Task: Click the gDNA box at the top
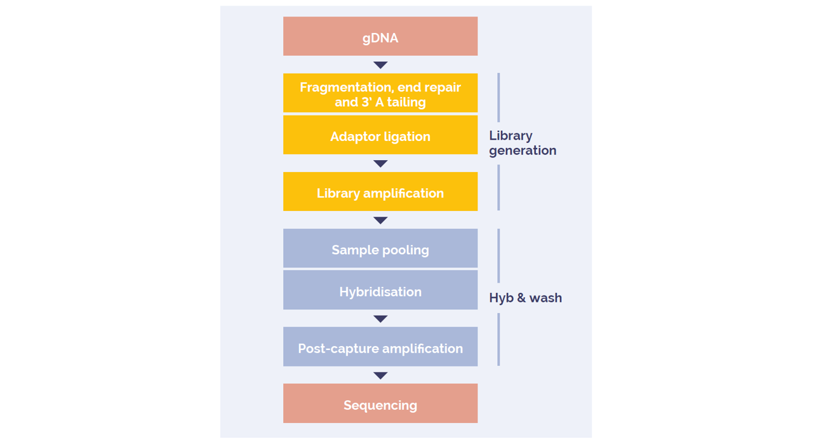click(380, 36)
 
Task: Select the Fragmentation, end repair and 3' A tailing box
click(380, 93)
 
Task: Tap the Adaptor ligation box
click(380, 135)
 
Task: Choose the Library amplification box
click(380, 191)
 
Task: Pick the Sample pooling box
click(380, 248)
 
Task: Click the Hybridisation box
click(380, 290)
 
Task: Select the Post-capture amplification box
click(380, 347)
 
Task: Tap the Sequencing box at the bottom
click(380, 403)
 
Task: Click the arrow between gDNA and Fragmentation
click(380, 65)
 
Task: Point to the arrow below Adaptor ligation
click(380, 164)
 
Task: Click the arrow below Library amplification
click(380, 220)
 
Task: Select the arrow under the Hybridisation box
click(380, 318)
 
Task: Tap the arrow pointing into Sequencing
click(380, 375)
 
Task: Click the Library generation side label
click(523, 143)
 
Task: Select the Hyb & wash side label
click(526, 298)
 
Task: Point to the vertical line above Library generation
click(498, 97)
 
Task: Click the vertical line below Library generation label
click(498, 187)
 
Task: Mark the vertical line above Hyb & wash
click(498, 255)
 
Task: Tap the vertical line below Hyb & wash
click(498, 340)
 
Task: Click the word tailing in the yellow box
click(406, 102)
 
